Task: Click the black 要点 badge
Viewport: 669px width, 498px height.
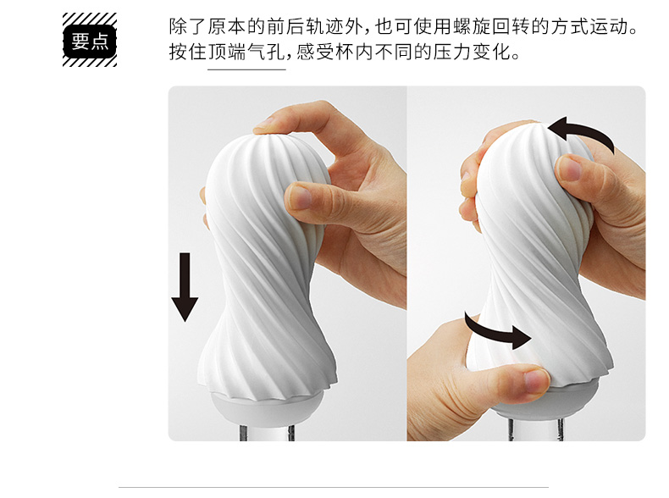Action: tap(90, 41)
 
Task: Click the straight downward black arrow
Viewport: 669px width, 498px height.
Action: tap(185, 287)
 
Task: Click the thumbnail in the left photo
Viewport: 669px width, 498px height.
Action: tap(301, 196)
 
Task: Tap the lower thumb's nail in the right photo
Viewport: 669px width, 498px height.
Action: tap(537, 380)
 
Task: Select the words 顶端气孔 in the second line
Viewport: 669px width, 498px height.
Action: tap(246, 53)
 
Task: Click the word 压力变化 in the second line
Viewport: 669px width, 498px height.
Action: tap(472, 53)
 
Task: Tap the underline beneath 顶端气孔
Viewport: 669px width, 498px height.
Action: tap(246, 69)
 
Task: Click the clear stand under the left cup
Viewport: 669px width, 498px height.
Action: tap(267, 433)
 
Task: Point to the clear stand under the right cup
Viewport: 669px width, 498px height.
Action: tap(536, 429)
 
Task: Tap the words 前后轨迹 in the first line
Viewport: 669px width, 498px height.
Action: tap(306, 26)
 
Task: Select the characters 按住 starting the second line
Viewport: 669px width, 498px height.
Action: tap(188, 53)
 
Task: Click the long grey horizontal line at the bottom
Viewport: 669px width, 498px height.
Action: tap(333, 486)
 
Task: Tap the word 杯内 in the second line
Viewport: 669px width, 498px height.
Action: tap(354, 53)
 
